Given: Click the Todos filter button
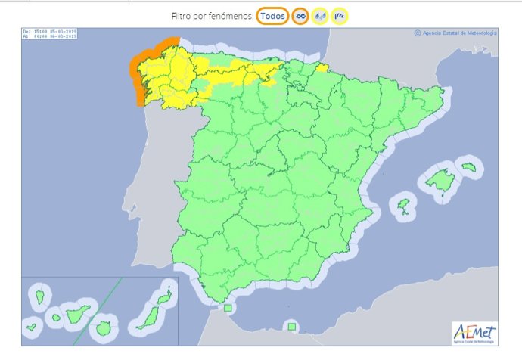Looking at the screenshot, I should pos(272,15).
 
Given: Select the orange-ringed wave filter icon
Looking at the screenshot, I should pos(300,16).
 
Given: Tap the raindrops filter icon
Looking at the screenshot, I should pos(321,16).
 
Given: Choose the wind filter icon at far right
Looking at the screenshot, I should pos(340,16).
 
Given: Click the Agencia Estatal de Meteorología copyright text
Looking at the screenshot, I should pos(456,33).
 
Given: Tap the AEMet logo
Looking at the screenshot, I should pos(474,331).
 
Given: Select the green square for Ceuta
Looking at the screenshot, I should pos(228,309).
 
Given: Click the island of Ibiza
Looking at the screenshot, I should pos(403,204).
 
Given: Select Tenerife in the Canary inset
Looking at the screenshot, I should pos(79,312).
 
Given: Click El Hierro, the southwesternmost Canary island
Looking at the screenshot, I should pos(32,327).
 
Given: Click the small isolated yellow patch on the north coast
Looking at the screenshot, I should pos(323,68).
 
